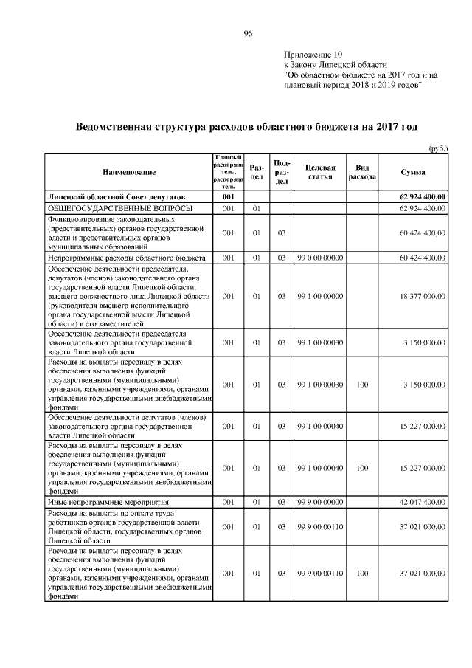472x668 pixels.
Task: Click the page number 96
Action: point(249,32)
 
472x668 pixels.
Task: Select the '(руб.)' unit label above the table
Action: point(439,148)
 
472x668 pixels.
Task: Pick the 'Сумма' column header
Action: point(412,172)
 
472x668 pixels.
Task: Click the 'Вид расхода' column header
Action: point(363,172)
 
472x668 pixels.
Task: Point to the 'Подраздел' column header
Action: point(281,172)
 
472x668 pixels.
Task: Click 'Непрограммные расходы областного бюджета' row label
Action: point(126,258)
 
